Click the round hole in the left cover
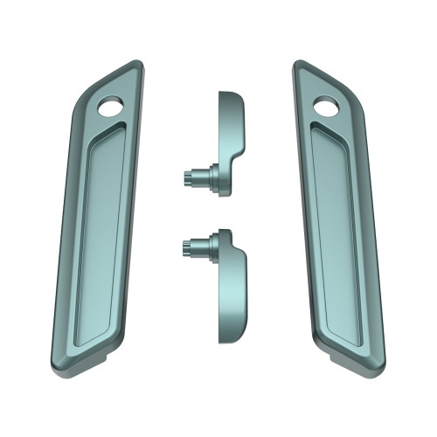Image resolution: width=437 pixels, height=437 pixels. click(x=111, y=107)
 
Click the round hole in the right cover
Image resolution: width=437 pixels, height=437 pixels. click(x=327, y=107)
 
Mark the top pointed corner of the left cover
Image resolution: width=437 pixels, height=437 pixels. click(x=136, y=62)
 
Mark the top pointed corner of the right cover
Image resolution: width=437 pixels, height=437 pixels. click(x=300, y=62)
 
